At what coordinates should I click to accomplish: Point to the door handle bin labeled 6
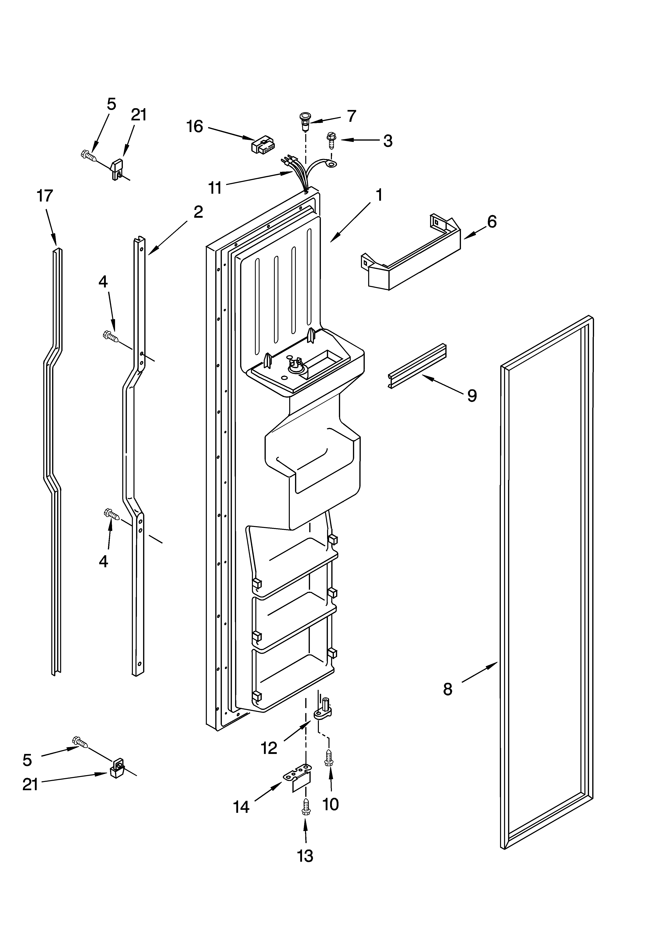click(x=413, y=257)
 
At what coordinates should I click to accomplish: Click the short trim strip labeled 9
click(x=417, y=366)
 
